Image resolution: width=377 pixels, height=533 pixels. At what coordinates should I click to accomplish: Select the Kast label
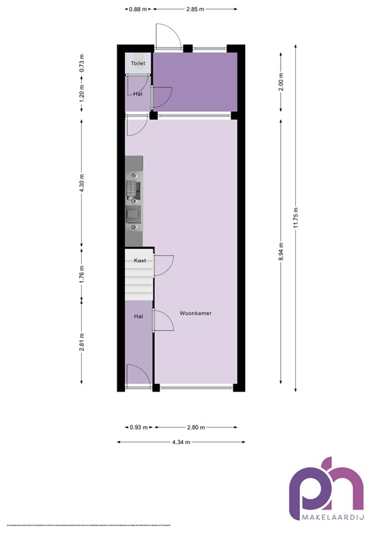[x=139, y=261]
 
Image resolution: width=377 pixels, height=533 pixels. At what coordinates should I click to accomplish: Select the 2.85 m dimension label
[x=195, y=9]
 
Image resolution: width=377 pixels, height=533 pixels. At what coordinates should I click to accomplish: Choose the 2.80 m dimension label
[x=196, y=427]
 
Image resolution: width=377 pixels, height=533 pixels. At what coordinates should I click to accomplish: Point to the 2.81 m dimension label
[x=81, y=344]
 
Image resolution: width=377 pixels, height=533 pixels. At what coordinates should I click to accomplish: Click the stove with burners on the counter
[x=134, y=189]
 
